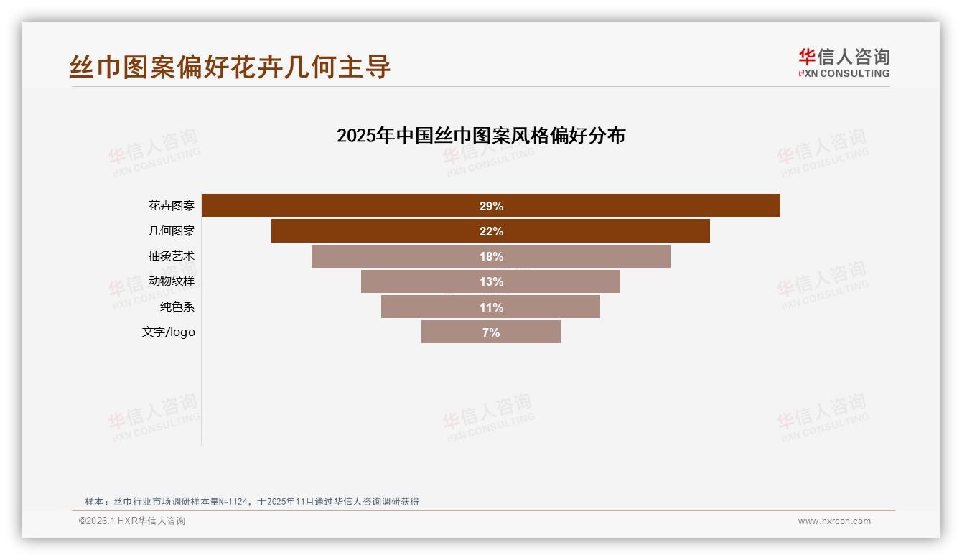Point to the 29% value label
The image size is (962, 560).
491,206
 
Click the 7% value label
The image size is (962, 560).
491,332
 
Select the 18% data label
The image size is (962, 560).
491,256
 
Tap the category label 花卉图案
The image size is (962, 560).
172,206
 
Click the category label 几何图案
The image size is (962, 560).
172,231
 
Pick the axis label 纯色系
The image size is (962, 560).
177,307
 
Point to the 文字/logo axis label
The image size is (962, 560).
169,332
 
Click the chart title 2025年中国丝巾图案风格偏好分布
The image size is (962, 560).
481,136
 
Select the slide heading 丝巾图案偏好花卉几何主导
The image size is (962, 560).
230,67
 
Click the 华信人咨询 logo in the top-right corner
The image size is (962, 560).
844,62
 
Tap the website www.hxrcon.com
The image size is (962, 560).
834,521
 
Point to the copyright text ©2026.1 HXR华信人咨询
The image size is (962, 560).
132,521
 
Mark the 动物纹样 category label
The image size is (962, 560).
172,281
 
